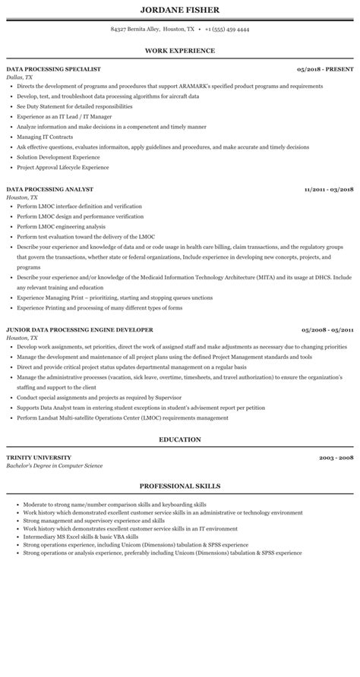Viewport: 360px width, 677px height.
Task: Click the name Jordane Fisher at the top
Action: [x=179, y=10]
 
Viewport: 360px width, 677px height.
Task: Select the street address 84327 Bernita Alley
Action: [x=137, y=29]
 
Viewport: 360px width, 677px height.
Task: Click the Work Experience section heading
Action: [x=179, y=50]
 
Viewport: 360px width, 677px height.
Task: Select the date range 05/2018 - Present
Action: [x=326, y=69]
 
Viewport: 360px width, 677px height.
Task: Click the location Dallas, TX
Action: [x=19, y=77]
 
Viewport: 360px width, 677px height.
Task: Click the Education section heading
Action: [x=179, y=439]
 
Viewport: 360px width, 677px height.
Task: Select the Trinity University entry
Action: [x=39, y=458]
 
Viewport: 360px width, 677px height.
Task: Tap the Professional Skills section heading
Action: [x=179, y=485]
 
